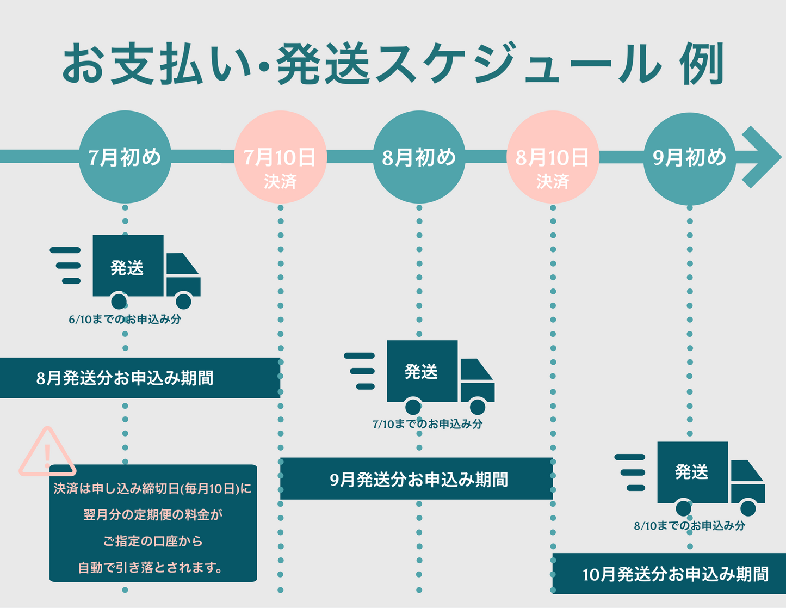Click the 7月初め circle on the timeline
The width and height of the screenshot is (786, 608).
125,157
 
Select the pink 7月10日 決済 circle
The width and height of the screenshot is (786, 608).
280,158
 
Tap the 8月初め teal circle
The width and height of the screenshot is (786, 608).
419,157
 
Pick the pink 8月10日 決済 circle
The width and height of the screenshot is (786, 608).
553,158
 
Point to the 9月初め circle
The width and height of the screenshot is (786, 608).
689,158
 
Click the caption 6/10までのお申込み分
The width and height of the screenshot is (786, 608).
125,320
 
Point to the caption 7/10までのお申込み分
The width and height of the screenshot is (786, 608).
428,424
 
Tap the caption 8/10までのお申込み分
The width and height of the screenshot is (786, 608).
689,526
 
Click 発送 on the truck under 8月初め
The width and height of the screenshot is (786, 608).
421,372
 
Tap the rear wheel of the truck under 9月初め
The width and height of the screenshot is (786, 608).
684,508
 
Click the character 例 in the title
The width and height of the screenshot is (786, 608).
701,64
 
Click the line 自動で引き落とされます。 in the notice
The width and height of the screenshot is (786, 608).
150,568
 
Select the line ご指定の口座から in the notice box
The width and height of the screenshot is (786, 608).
153,541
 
